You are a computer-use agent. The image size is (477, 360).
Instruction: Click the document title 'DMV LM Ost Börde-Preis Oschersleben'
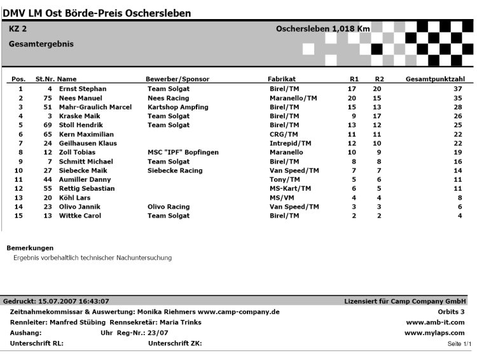[x=97, y=13]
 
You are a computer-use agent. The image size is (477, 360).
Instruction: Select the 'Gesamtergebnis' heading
[x=41, y=45]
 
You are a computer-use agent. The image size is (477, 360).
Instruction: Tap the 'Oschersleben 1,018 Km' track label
[x=322, y=29]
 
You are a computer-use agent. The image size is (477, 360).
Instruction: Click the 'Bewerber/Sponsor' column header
[x=177, y=79]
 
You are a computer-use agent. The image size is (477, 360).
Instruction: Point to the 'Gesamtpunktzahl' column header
[x=435, y=79]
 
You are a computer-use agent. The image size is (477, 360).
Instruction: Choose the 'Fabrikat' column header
[x=282, y=79]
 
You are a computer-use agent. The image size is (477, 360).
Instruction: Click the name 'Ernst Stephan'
[x=83, y=89]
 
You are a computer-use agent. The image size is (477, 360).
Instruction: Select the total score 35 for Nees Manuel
[x=457, y=99]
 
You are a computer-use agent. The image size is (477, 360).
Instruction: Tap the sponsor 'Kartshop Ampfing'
[x=177, y=107]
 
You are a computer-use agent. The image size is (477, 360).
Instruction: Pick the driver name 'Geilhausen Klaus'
[x=88, y=144]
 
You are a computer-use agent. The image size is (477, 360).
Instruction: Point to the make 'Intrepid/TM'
[x=290, y=144]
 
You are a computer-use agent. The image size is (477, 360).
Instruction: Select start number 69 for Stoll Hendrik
[x=48, y=125]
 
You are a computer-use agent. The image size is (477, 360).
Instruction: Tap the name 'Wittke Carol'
[x=80, y=216]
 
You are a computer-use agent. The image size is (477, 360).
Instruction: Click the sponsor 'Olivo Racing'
[x=169, y=207]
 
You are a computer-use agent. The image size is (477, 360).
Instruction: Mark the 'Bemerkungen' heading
[x=30, y=247]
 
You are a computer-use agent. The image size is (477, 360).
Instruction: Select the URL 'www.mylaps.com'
[x=434, y=333]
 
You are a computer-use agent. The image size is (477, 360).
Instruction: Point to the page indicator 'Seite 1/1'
[x=459, y=344]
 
